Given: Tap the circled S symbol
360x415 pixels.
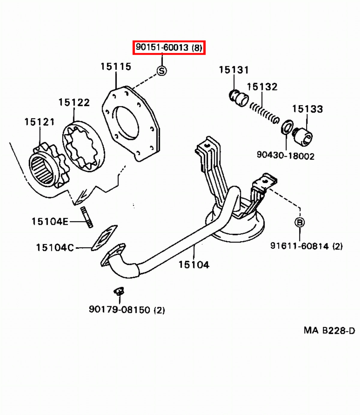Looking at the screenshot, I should (x=162, y=71).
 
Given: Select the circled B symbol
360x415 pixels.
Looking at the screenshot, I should (x=300, y=222).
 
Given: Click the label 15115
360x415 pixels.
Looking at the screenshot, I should (x=116, y=66).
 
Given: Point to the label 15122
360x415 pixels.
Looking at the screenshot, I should (x=74, y=102).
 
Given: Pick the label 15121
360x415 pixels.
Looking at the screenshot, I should (x=40, y=122).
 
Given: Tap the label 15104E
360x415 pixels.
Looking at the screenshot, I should (x=50, y=222).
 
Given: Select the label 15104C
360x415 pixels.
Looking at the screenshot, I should (x=55, y=248).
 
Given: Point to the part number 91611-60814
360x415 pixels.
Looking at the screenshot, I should (x=306, y=246).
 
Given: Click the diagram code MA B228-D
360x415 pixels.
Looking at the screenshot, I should (x=329, y=331).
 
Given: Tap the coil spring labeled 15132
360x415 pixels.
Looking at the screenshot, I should (x=264, y=112).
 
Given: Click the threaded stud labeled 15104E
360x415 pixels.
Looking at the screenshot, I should (x=87, y=217).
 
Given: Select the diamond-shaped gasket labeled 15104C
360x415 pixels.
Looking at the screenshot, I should (x=104, y=237).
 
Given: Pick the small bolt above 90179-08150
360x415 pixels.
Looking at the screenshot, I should (x=119, y=291).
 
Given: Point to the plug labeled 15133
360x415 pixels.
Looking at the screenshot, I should (x=304, y=136).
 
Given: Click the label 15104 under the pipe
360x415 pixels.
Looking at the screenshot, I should (x=194, y=265).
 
